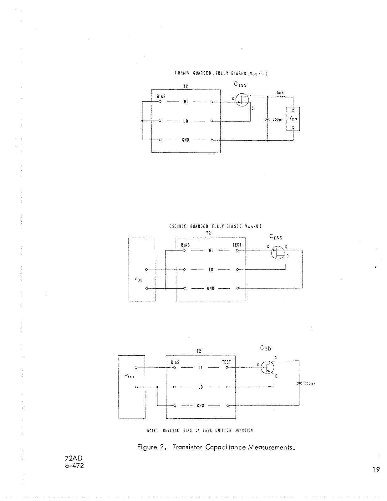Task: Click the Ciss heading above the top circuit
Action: coord(240,85)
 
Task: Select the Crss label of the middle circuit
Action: coord(276,237)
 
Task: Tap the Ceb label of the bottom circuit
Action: coord(266,348)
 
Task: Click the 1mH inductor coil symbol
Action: coord(280,96)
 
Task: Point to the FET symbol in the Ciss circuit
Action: coord(242,99)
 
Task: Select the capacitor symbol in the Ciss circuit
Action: coord(267,119)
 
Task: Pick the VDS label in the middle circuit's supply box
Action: coord(138,279)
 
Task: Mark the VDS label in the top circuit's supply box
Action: coord(293,119)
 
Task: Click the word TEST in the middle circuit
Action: coord(237,245)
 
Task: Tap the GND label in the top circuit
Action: coord(186,140)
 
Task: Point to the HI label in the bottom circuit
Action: coord(200,368)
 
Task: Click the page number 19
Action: coord(376,469)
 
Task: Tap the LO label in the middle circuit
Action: coord(211,270)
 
